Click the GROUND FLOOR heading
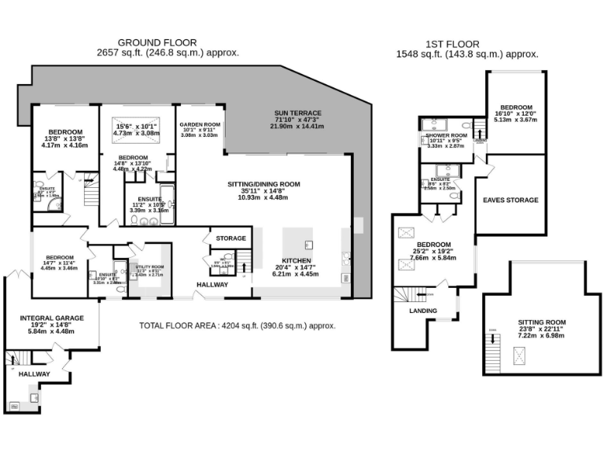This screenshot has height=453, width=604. coord(157,42)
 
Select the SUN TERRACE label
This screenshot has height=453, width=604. coord(296,113)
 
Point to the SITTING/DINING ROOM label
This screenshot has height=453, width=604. coord(264,184)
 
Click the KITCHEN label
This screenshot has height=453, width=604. coord(296,261)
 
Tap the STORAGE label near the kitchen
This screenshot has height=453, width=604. coord(230,238)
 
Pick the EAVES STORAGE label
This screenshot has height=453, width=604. coord(510,201)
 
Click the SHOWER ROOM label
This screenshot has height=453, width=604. coord(446,135)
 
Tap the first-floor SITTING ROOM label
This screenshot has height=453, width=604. coord(542,322)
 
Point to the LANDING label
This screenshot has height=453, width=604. coord(423,311)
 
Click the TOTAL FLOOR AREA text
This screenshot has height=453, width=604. coord(238,326)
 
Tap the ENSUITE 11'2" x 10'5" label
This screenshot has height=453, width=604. coord(149,200)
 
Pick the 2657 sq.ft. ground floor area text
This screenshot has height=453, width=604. coord(168,53)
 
